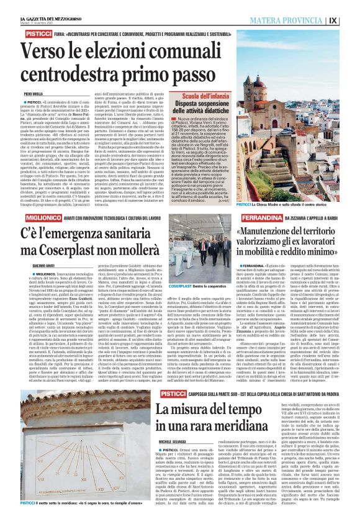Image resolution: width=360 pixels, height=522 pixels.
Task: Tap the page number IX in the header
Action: click(x=351, y=20)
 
